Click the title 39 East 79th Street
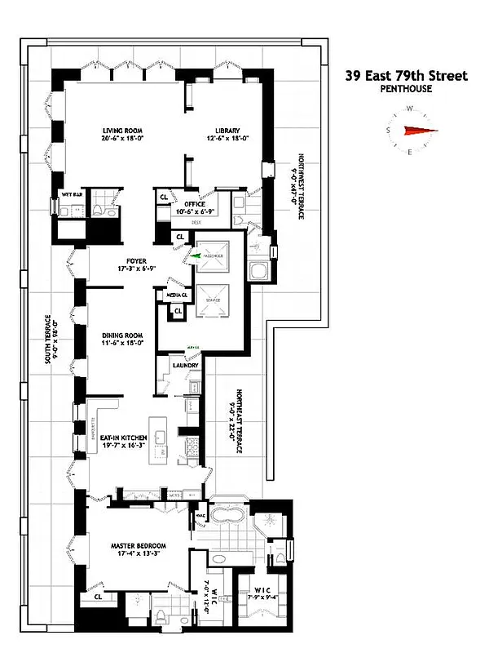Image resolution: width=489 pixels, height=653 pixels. pos(407,76)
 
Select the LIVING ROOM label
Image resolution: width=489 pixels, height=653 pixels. pos(123,131)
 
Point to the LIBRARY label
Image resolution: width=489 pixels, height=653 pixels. pos(227,131)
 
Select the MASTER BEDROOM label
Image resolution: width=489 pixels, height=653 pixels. pos(139,545)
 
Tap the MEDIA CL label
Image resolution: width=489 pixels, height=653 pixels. pos(178,293)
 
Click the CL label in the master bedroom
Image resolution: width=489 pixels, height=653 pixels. pos(98,597)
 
